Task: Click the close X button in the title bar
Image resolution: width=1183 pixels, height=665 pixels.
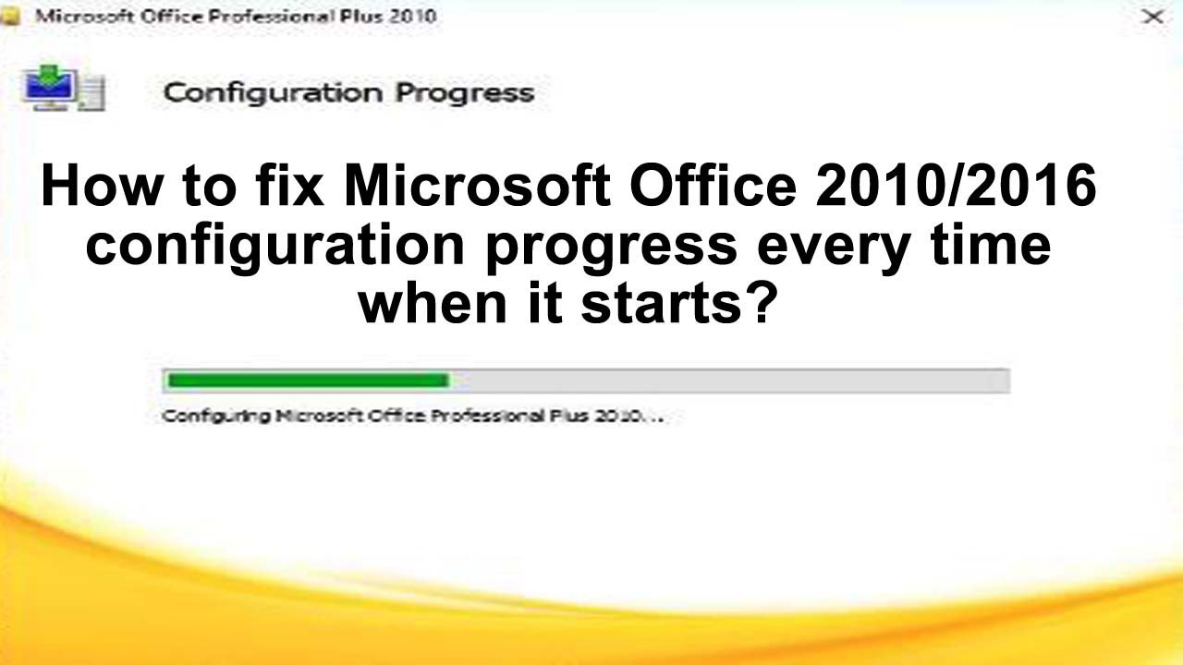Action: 1153,17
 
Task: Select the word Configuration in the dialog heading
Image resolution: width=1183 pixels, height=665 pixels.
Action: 273,92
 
